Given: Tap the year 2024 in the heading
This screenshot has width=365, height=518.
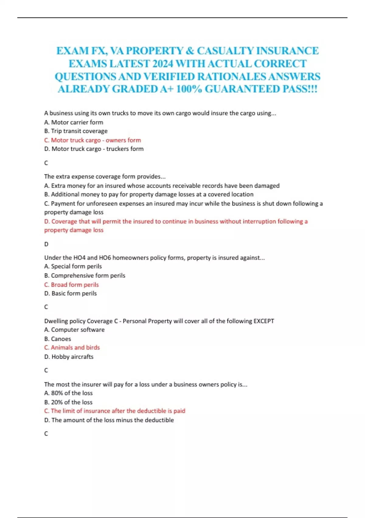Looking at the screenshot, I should (163, 64).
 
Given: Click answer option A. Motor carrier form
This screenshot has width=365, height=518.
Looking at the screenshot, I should (74, 122).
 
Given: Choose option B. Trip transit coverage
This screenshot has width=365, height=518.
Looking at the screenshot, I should (76, 131).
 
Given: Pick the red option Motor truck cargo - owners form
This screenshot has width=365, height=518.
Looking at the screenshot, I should (92, 140).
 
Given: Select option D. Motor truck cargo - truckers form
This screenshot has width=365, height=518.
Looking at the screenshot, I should (94, 149).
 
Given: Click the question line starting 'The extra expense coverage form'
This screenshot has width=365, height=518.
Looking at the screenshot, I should (105, 176).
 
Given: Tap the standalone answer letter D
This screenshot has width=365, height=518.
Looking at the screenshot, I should (46, 244).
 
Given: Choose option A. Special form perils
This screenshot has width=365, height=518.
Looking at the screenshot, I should (73, 266).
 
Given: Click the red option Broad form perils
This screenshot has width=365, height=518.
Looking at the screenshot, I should (71, 285).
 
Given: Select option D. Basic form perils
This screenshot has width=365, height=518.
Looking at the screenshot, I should (71, 293).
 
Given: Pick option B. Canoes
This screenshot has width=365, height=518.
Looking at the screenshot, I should (57, 339).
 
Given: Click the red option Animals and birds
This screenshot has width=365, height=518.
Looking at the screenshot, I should (72, 347).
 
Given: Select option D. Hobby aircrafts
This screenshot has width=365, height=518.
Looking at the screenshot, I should (69, 357).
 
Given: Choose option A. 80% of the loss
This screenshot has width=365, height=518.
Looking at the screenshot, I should (68, 393).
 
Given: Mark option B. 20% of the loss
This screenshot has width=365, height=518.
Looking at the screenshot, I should (68, 402).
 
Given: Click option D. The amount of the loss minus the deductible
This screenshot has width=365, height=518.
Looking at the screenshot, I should (109, 420).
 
